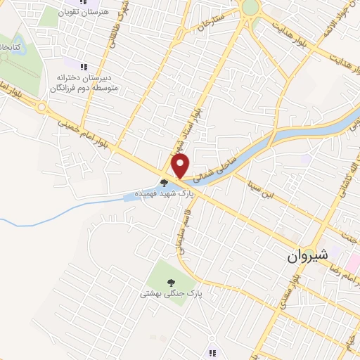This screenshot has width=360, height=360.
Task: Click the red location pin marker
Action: pos(181,167)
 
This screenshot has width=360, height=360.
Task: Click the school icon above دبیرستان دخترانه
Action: pos(83,67)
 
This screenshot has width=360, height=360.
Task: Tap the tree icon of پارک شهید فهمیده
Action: pos(164,182)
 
